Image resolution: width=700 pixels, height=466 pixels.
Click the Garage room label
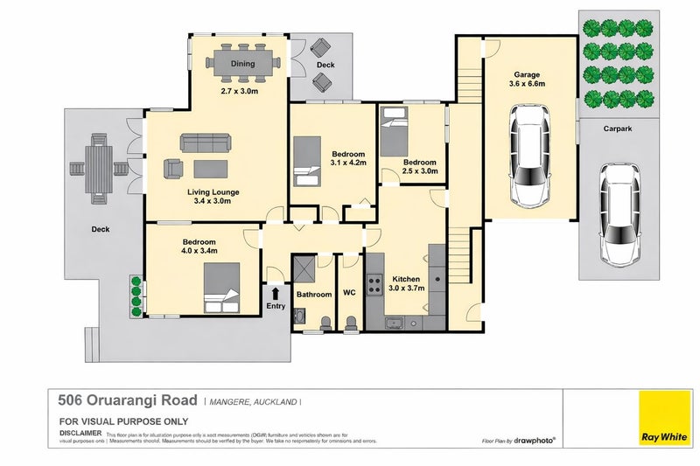(x=533, y=74)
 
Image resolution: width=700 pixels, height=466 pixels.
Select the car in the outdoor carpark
(x=620, y=214)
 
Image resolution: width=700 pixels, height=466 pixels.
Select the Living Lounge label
(x=213, y=191)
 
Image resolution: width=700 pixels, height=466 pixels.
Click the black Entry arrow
(x=275, y=294)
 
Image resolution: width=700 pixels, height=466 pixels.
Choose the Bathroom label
(x=314, y=295)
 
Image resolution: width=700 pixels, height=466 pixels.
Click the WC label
(x=349, y=294)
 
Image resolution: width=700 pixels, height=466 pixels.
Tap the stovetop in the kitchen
(x=374, y=283)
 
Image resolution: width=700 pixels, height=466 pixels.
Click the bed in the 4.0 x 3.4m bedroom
(x=222, y=288)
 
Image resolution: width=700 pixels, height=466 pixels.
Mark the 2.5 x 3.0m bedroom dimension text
(x=419, y=172)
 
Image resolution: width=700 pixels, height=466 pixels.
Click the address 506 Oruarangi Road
(x=127, y=401)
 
